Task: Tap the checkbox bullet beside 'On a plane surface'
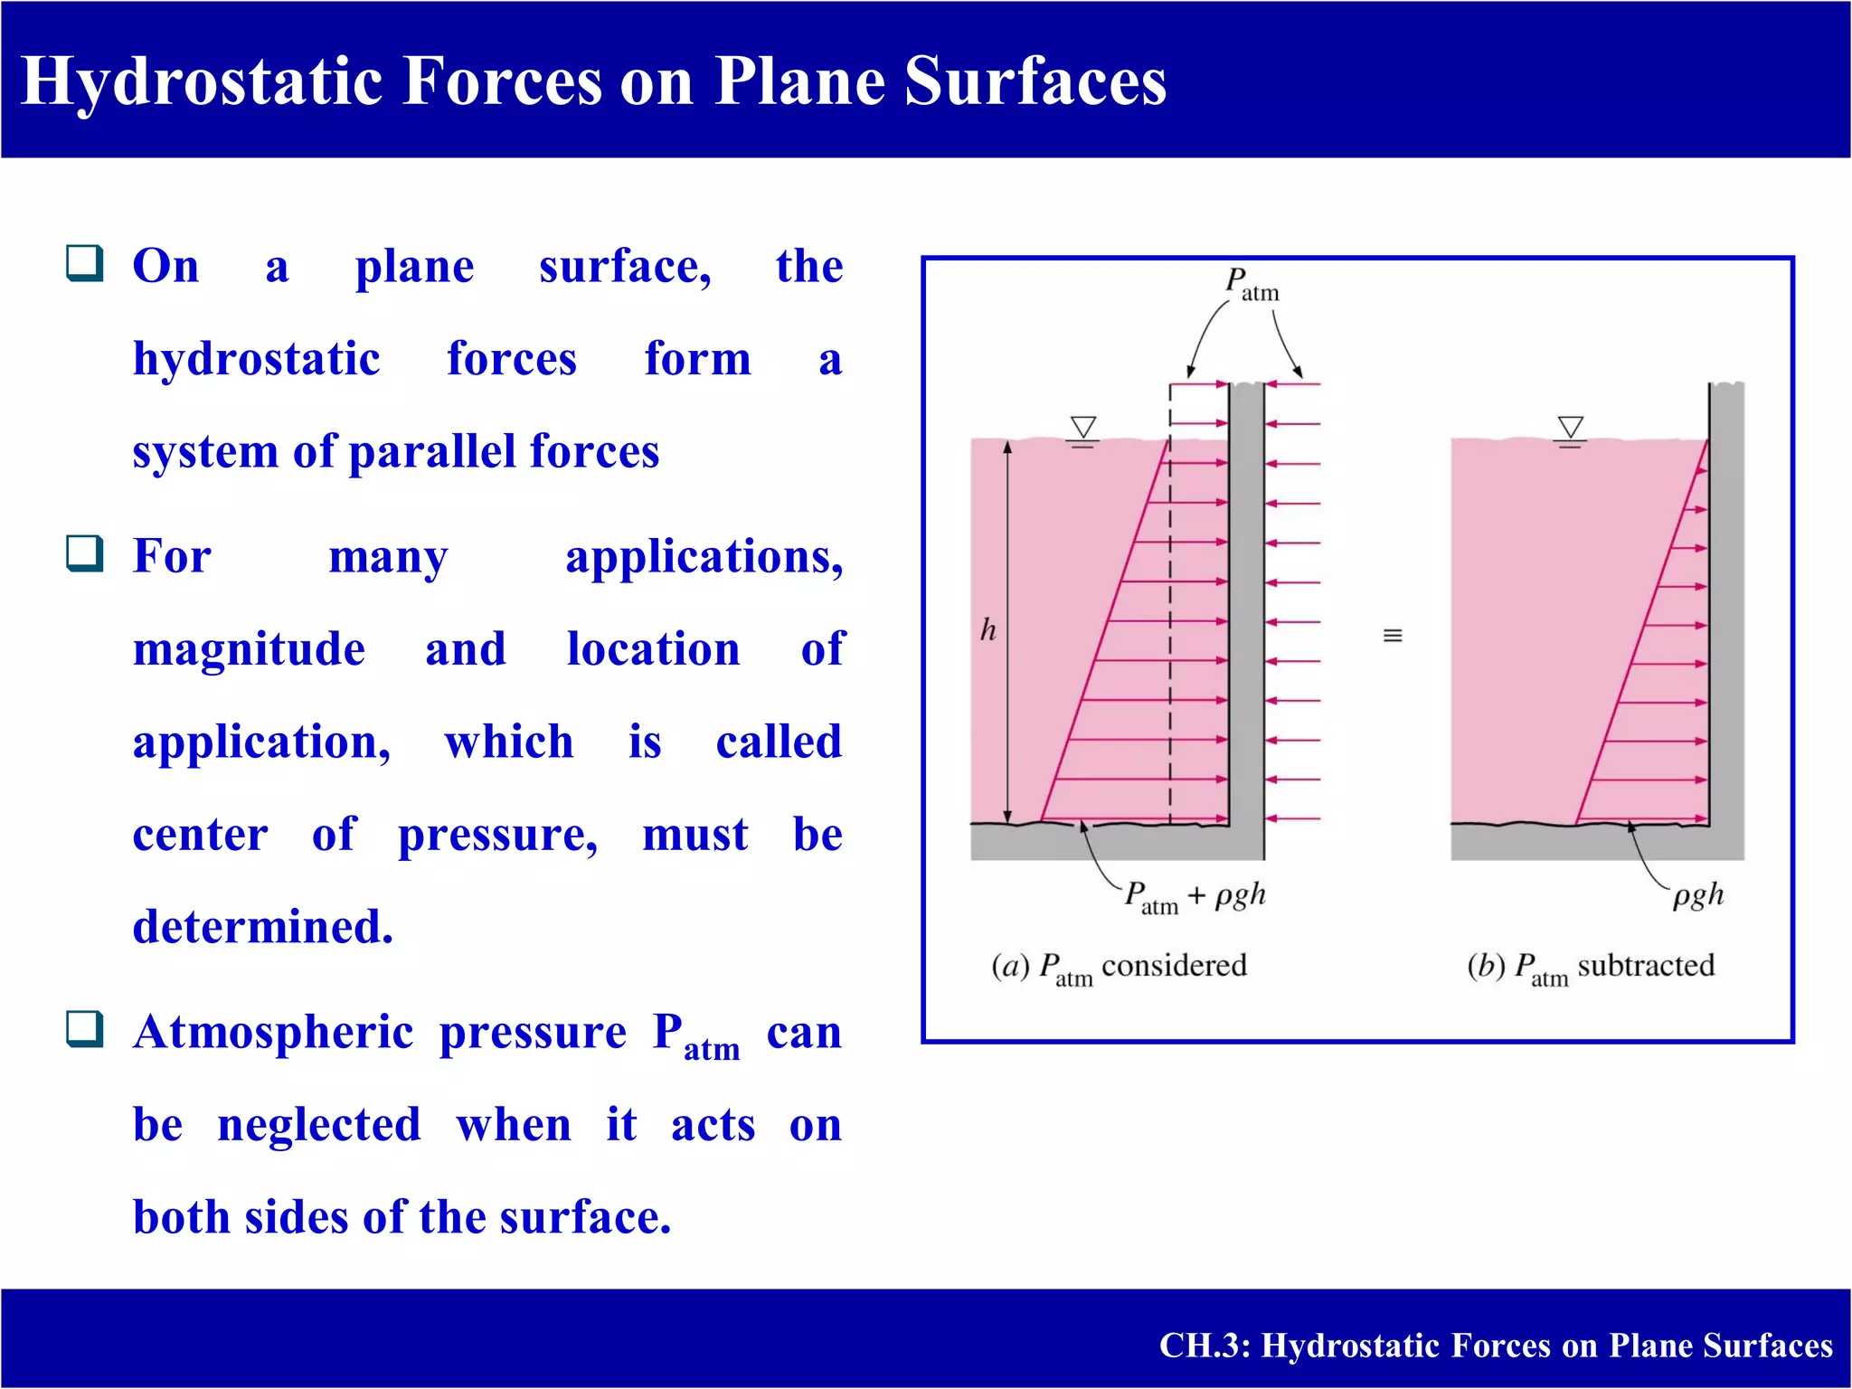85,263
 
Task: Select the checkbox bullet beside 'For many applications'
85,553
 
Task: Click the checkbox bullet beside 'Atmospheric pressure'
85,1029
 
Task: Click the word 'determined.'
262,927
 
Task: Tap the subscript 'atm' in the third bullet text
712,1050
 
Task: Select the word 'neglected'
319,1125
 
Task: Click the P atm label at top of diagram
1252,284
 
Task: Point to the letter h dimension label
987,629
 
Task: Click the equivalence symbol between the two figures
1393,636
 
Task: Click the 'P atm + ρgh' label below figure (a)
1194,896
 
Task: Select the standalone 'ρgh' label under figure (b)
1697,895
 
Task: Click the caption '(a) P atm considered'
1119,967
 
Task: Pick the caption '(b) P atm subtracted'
1590,967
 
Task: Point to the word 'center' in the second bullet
200,834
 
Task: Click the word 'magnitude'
249,650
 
